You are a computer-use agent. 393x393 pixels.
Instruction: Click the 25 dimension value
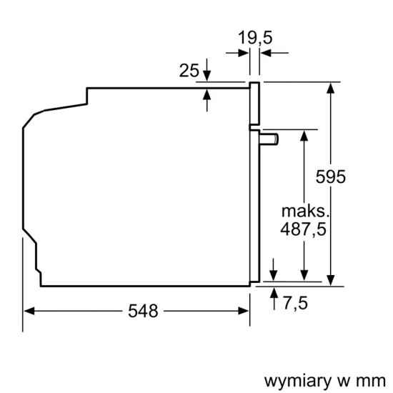point(189,70)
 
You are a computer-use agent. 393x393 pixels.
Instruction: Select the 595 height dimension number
point(332,177)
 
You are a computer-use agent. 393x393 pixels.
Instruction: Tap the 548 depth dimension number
point(143,311)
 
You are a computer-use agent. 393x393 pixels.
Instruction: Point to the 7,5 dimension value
point(294,304)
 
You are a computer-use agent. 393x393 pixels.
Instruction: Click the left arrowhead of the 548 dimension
point(29,311)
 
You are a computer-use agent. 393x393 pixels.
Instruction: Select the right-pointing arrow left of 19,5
point(243,51)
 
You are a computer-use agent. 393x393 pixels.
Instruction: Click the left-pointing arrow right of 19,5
point(264,51)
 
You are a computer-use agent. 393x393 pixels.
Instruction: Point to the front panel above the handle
point(253,103)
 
